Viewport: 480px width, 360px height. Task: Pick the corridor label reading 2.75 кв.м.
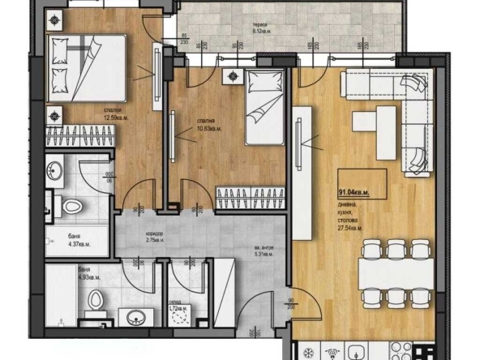[x=153, y=238]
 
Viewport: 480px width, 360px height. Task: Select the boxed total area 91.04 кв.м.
[x=353, y=192]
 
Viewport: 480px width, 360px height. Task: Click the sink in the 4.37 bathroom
[x=55, y=170]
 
